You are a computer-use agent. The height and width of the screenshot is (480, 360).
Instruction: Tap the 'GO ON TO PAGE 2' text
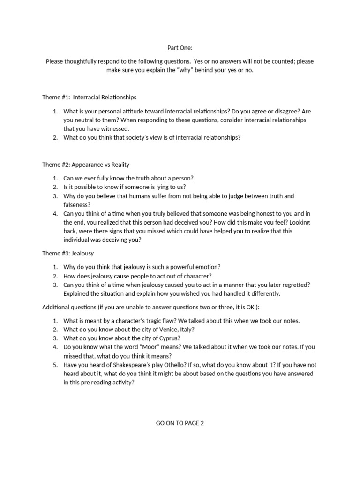180,423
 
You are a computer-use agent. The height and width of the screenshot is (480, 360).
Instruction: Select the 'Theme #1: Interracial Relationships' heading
90,97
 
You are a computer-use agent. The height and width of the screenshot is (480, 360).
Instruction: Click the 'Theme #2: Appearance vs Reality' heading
86,165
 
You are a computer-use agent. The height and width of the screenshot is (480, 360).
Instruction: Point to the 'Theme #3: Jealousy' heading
68,253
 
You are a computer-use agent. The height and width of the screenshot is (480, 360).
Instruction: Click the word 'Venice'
161,329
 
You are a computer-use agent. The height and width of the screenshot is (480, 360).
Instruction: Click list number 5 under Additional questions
54,365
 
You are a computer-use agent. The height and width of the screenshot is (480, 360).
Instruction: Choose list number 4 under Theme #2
54,213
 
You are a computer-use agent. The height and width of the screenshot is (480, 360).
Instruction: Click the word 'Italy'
184,329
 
